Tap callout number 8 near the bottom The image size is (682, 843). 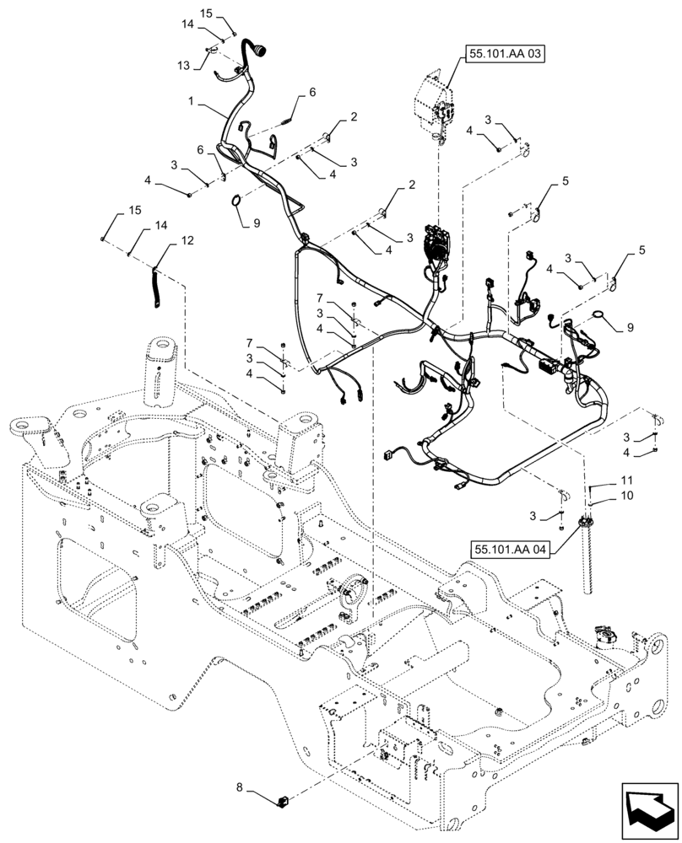tap(240, 787)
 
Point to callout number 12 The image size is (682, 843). tap(187, 240)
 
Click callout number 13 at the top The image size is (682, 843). tap(183, 66)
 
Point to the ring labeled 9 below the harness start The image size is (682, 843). tap(237, 201)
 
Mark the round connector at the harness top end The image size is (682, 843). tap(256, 51)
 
